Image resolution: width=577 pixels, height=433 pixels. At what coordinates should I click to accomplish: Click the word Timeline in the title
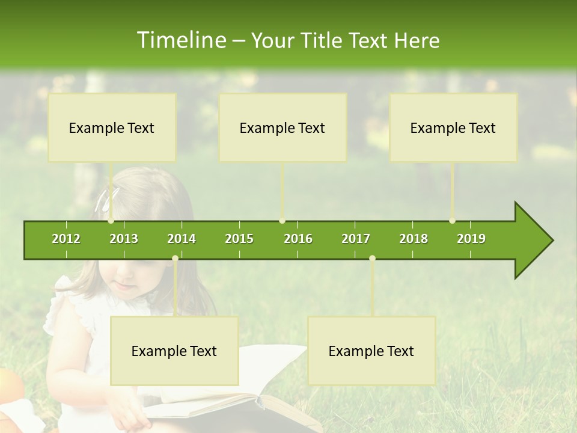coord(180,40)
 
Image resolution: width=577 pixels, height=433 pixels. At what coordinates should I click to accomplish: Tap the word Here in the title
coord(417,41)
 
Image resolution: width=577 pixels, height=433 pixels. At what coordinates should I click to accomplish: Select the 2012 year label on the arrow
coord(66,239)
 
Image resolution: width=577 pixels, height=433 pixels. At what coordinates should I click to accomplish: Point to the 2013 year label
coord(124,239)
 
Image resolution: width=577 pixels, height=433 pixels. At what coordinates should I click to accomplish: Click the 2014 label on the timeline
coord(182,239)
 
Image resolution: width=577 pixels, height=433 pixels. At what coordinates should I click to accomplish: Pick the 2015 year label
coord(239,239)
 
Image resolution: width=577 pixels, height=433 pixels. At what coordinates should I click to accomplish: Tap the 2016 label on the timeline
coord(298,239)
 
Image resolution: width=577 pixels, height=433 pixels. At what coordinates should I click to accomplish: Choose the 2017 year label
coord(356,239)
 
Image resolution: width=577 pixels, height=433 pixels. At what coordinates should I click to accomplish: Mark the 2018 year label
coord(414,239)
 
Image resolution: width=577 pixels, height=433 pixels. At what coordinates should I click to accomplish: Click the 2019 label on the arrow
coord(471,239)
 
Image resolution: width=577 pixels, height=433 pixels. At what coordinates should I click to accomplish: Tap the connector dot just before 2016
coord(282,221)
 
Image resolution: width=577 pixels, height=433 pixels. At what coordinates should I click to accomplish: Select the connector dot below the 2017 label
coord(372,259)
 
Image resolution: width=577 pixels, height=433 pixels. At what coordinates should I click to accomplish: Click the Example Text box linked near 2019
coord(453,128)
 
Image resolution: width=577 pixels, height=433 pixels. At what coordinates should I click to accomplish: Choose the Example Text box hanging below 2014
coord(174,351)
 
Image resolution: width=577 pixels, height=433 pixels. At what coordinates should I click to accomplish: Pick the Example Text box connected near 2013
coord(112,128)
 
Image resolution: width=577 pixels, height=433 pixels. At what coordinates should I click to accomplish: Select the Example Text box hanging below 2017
coord(371,351)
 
